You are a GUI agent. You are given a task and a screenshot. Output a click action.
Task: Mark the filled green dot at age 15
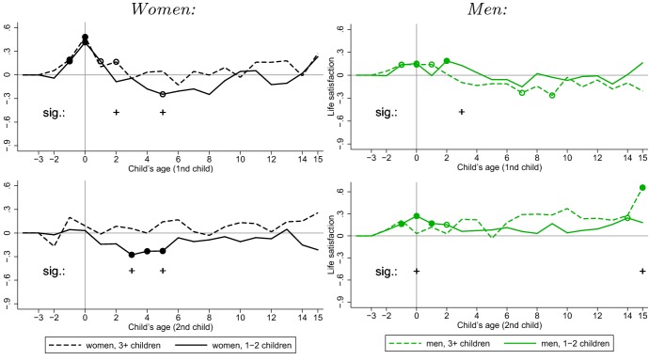tap(642, 188)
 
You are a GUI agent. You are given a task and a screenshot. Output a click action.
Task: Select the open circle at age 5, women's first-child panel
tap(163, 94)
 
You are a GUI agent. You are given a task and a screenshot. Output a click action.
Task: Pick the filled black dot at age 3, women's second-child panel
tap(132, 255)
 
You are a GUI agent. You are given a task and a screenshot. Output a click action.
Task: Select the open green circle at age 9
tap(552, 95)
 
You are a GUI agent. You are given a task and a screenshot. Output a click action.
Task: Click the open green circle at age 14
tap(627, 218)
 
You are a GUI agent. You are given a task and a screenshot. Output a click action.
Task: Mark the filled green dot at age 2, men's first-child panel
tap(447, 61)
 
